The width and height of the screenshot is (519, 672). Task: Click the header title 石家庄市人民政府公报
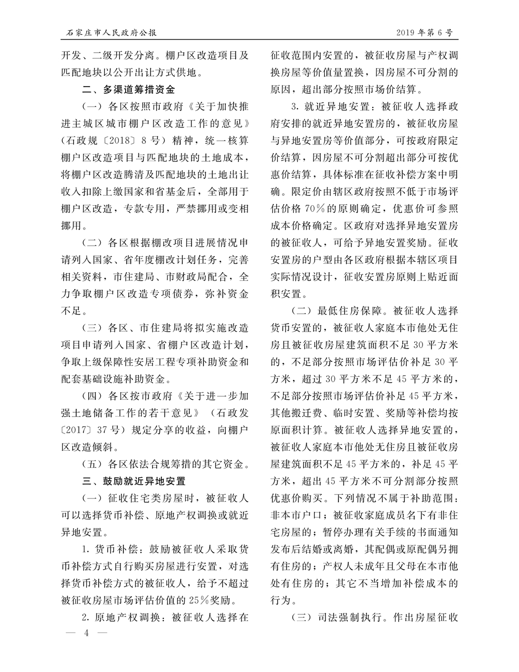tap(109, 33)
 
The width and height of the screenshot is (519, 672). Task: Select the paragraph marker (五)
tap(93, 463)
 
